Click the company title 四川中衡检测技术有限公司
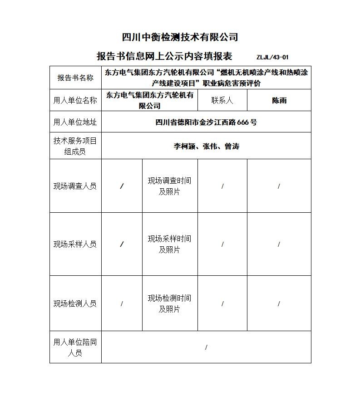click(180, 37)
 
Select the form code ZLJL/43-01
click(272, 57)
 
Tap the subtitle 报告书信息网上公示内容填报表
click(164, 56)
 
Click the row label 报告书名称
click(75, 78)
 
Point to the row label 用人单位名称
click(75, 100)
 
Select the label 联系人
click(222, 100)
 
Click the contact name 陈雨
click(279, 100)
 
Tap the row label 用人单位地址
click(75, 122)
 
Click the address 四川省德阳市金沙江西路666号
click(206, 122)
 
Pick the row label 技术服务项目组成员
click(75, 146)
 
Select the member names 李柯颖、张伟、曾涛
click(206, 146)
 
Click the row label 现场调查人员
click(75, 186)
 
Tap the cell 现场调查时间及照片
click(169, 186)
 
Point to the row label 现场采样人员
click(75, 244)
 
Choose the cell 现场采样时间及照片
click(169, 244)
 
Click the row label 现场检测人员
click(75, 303)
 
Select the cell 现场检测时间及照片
click(169, 303)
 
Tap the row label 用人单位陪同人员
click(75, 347)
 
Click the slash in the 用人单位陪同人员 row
click(206, 347)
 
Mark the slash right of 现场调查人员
click(122, 186)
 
